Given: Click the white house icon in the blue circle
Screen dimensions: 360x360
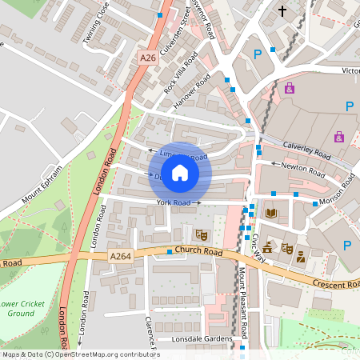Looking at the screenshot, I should coord(180,173).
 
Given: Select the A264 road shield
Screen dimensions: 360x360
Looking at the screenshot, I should coord(121,256).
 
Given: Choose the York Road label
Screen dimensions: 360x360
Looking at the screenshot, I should coord(173,203).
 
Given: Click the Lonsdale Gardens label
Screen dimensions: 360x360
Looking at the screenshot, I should coord(195,339).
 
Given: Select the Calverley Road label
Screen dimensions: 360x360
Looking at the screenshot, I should coord(307,150).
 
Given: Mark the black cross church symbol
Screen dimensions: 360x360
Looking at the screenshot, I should coord(282,11).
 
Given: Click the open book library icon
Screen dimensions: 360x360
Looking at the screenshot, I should coord(271,213).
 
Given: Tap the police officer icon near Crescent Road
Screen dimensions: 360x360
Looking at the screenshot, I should coord(301,257).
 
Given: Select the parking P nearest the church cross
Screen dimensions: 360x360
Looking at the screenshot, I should coord(258,54).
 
